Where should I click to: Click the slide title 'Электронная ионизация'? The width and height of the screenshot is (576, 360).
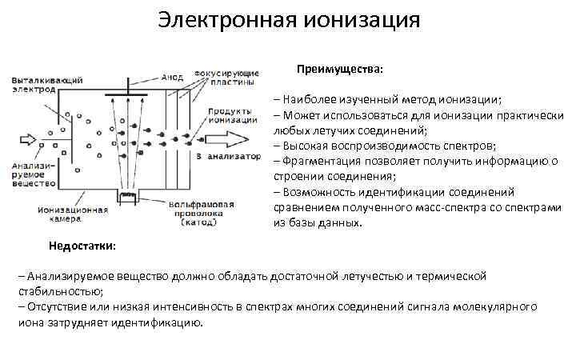click(288, 20)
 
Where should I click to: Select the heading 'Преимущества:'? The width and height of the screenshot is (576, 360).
click(340, 70)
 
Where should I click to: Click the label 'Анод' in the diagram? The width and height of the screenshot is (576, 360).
click(173, 78)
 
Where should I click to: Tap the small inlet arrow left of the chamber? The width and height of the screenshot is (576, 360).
click(29, 140)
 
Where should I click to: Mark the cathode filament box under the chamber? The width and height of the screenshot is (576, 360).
click(126, 196)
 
